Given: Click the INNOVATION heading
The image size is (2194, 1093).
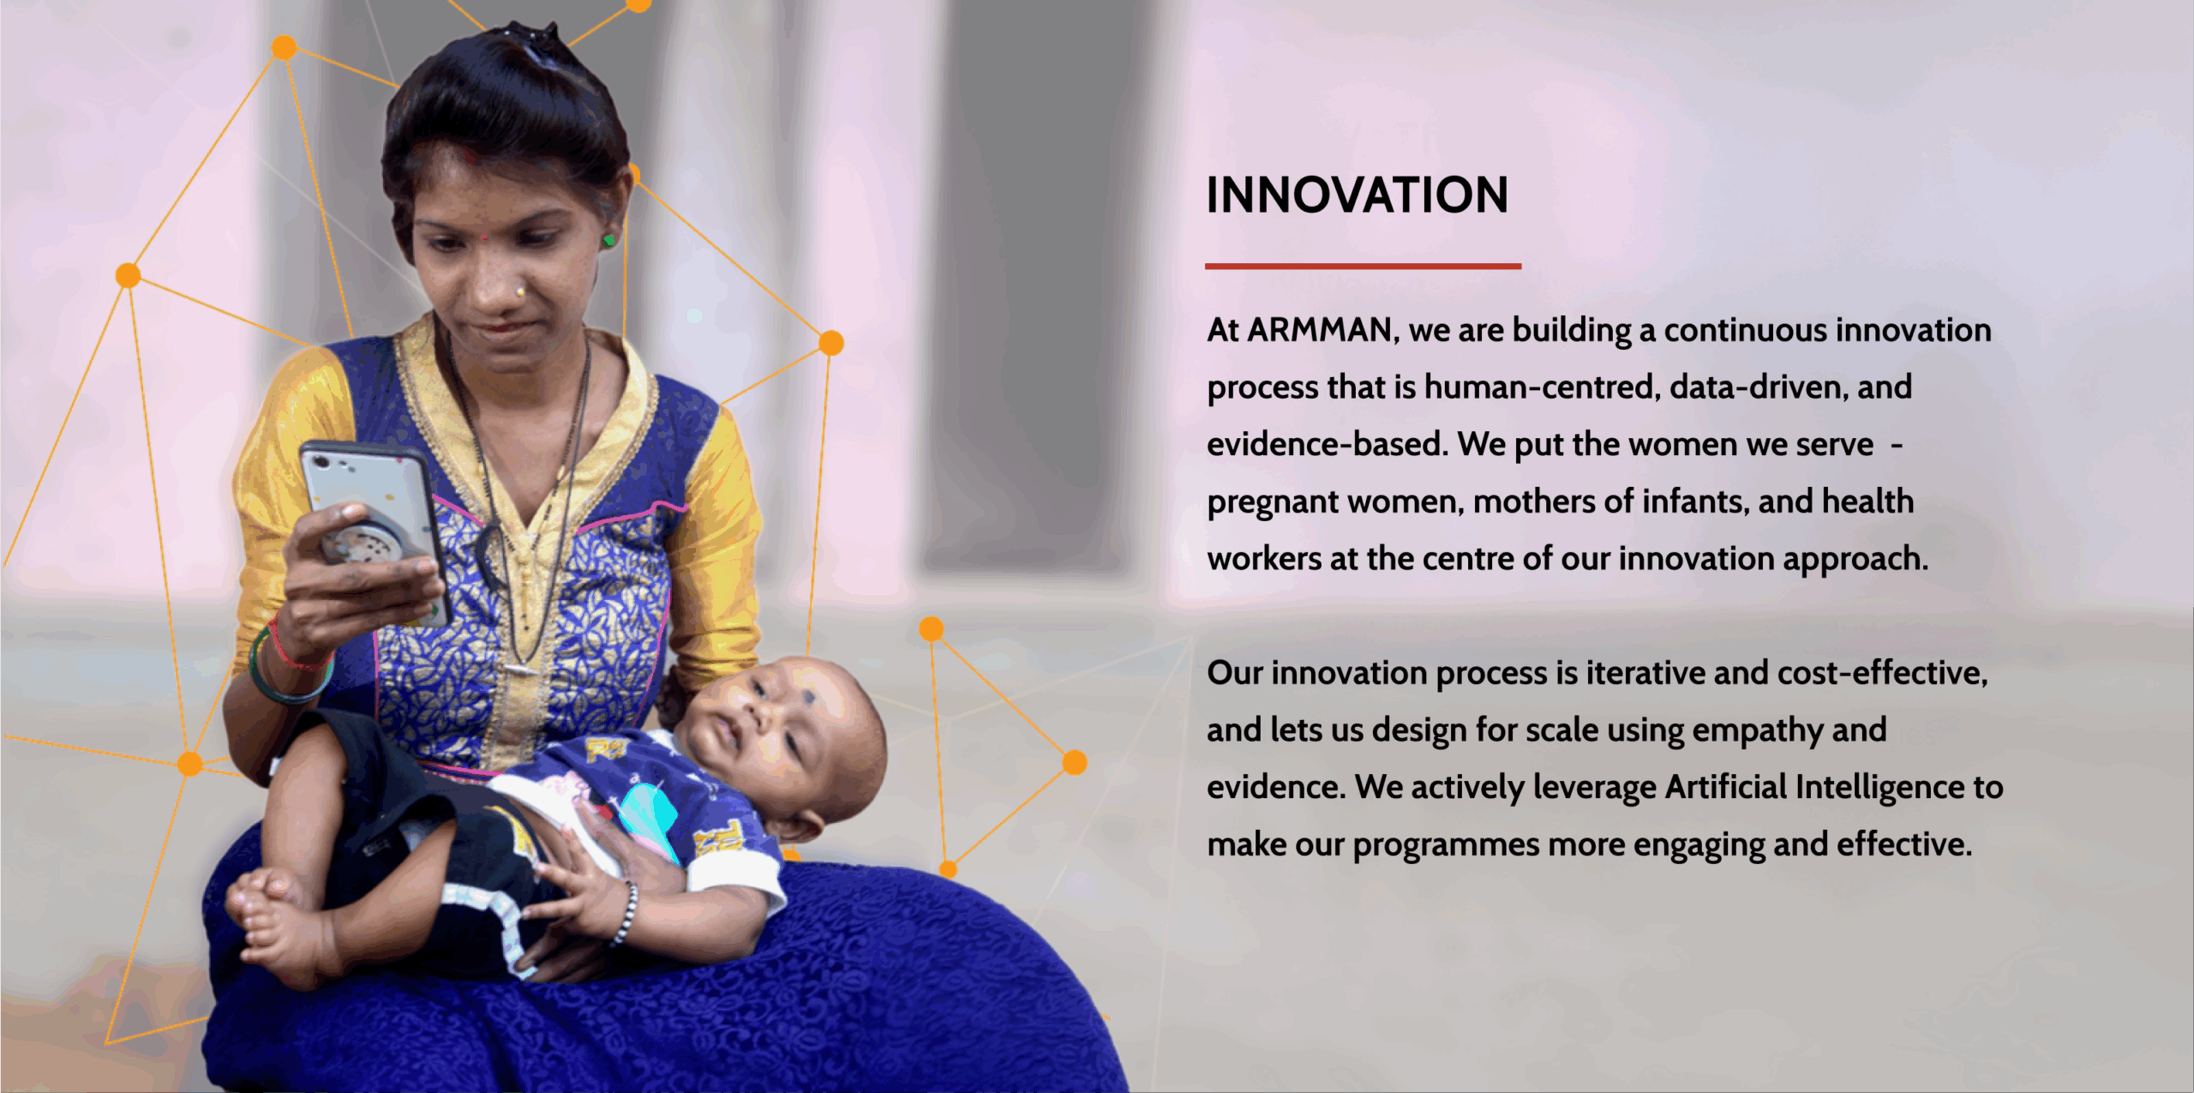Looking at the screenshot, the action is (1357, 195).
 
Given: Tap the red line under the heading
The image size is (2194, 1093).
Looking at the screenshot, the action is (1363, 267).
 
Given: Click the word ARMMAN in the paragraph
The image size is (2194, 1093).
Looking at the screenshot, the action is (1320, 330).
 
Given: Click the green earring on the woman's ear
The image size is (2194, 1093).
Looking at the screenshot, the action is (608, 240).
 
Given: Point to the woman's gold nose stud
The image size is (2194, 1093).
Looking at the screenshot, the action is (520, 292).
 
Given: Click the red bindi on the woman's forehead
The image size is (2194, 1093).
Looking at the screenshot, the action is (483, 236).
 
